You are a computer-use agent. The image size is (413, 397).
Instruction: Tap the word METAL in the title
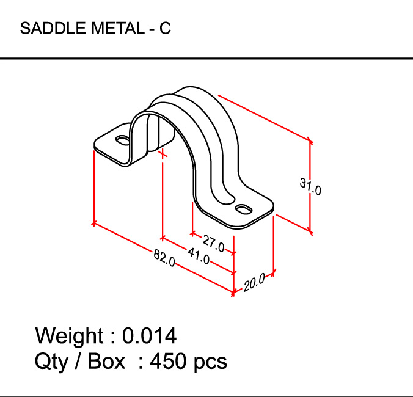pyautogui.click(x=116, y=29)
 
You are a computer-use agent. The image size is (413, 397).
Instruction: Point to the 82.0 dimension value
pyautogui.click(x=164, y=260)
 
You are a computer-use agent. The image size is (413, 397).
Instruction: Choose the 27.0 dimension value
pyautogui.click(x=214, y=242)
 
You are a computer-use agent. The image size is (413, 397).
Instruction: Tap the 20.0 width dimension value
pyautogui.click(x=254, y=282)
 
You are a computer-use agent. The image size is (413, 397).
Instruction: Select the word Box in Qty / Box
pyautogui.click(x=106, y=361)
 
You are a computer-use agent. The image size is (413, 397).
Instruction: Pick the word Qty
pyautogui.click(x=51, y=361)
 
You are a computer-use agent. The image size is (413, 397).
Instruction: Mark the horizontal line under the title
pyautogui.click(x=206, y=59)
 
